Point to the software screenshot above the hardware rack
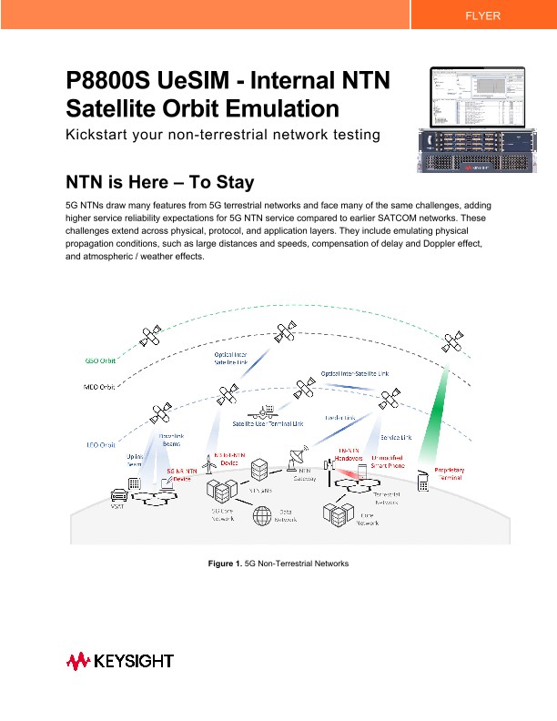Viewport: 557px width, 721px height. pyautogui.click(x=477, y=97)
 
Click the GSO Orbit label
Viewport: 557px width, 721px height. pyautogui.click(x=101, y=360)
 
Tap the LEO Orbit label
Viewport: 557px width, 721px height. pyautogui.click(x=102, y=445)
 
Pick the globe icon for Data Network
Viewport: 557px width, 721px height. pyautogui.click(x=264, y=516)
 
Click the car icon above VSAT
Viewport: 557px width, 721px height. pyautogui.click(x=118, y=496)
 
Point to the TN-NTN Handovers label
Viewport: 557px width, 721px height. pyautogui.click(x=349, y=454)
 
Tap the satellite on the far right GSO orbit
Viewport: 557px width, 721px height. pyautogui.click(x=452, y=344)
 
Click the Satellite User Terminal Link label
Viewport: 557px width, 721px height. pyautogui.click(x=268, y=423)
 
